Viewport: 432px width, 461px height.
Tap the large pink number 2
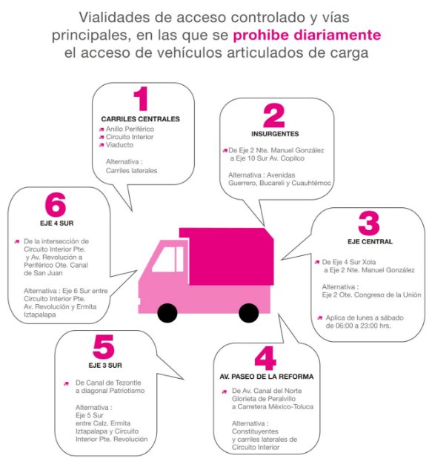point(273,116)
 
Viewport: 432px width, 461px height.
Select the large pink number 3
point(368,224)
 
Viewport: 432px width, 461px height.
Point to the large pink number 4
point(265,359)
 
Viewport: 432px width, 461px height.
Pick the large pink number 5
point(104,349)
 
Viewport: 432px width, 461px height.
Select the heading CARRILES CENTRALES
point(140,119)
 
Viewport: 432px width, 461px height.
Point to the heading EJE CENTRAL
point(369,242)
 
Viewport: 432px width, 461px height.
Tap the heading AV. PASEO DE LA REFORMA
point(266,377)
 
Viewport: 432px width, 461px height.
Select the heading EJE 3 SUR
point(103,366)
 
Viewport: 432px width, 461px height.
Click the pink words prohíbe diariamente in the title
point(308,35)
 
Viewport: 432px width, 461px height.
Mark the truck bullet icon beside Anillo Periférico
point(101,129)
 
